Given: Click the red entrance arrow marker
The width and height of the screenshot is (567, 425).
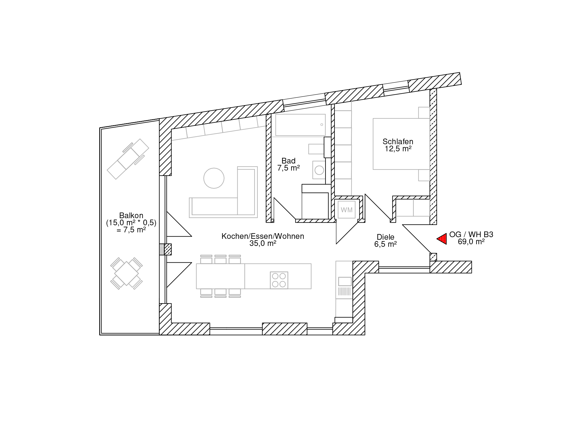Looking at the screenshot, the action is [x=442, y=239].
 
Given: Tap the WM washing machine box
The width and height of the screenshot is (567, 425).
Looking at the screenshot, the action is [x=347, y=210].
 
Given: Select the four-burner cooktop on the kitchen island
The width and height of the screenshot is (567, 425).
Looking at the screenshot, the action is [x=279, y=280].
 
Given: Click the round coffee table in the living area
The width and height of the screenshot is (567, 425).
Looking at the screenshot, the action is [x=214, y=178].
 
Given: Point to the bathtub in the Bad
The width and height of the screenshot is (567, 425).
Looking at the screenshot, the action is [x=300, y=125].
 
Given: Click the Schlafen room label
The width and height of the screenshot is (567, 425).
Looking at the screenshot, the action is [x=398, y=141].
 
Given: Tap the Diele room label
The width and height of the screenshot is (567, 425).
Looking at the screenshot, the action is [x=386, y=237].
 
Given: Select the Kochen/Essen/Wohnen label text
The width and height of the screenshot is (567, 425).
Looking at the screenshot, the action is [x=263, y=236].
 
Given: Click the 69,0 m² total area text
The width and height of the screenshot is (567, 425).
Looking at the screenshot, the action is [x=471, y=242].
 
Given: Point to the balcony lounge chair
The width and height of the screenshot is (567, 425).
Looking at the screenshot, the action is [x=128, y=159].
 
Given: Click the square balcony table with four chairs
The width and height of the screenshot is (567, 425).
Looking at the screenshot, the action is [x=126, y=273].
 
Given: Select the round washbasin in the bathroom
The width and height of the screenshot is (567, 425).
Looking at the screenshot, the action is [x=320, y=170].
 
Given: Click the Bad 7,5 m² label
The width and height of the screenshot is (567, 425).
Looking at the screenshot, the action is [x=289, y=164].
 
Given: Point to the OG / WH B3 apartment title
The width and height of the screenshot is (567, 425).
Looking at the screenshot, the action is [x=471, y=235].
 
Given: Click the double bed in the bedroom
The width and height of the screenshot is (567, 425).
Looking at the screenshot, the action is [x=401, y=144].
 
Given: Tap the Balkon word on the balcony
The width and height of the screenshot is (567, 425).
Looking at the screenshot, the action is [x=131, y=215].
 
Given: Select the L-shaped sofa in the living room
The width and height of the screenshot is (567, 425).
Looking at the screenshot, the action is [x=223, y=192].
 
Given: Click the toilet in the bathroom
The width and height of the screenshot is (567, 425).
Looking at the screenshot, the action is [x=316, y=149].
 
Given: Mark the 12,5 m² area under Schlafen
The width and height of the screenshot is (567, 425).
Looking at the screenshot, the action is [x=398, y=149].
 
